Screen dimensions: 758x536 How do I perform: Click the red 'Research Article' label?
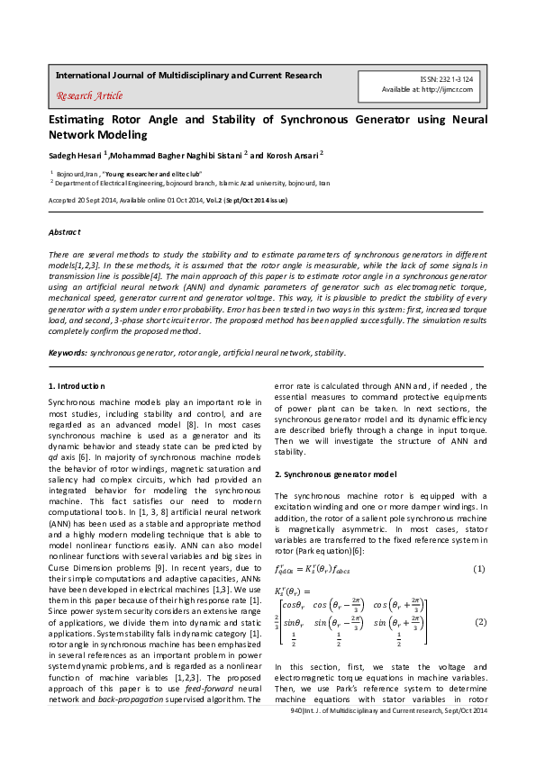(89, 95)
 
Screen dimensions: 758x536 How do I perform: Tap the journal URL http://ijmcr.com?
(452, 91)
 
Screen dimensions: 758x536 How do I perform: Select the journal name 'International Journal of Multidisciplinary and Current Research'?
(188, 75)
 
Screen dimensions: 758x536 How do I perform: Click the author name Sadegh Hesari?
(75, 155)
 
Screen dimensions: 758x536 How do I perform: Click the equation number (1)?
(480, 568)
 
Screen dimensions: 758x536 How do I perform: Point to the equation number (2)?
(480, 622)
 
